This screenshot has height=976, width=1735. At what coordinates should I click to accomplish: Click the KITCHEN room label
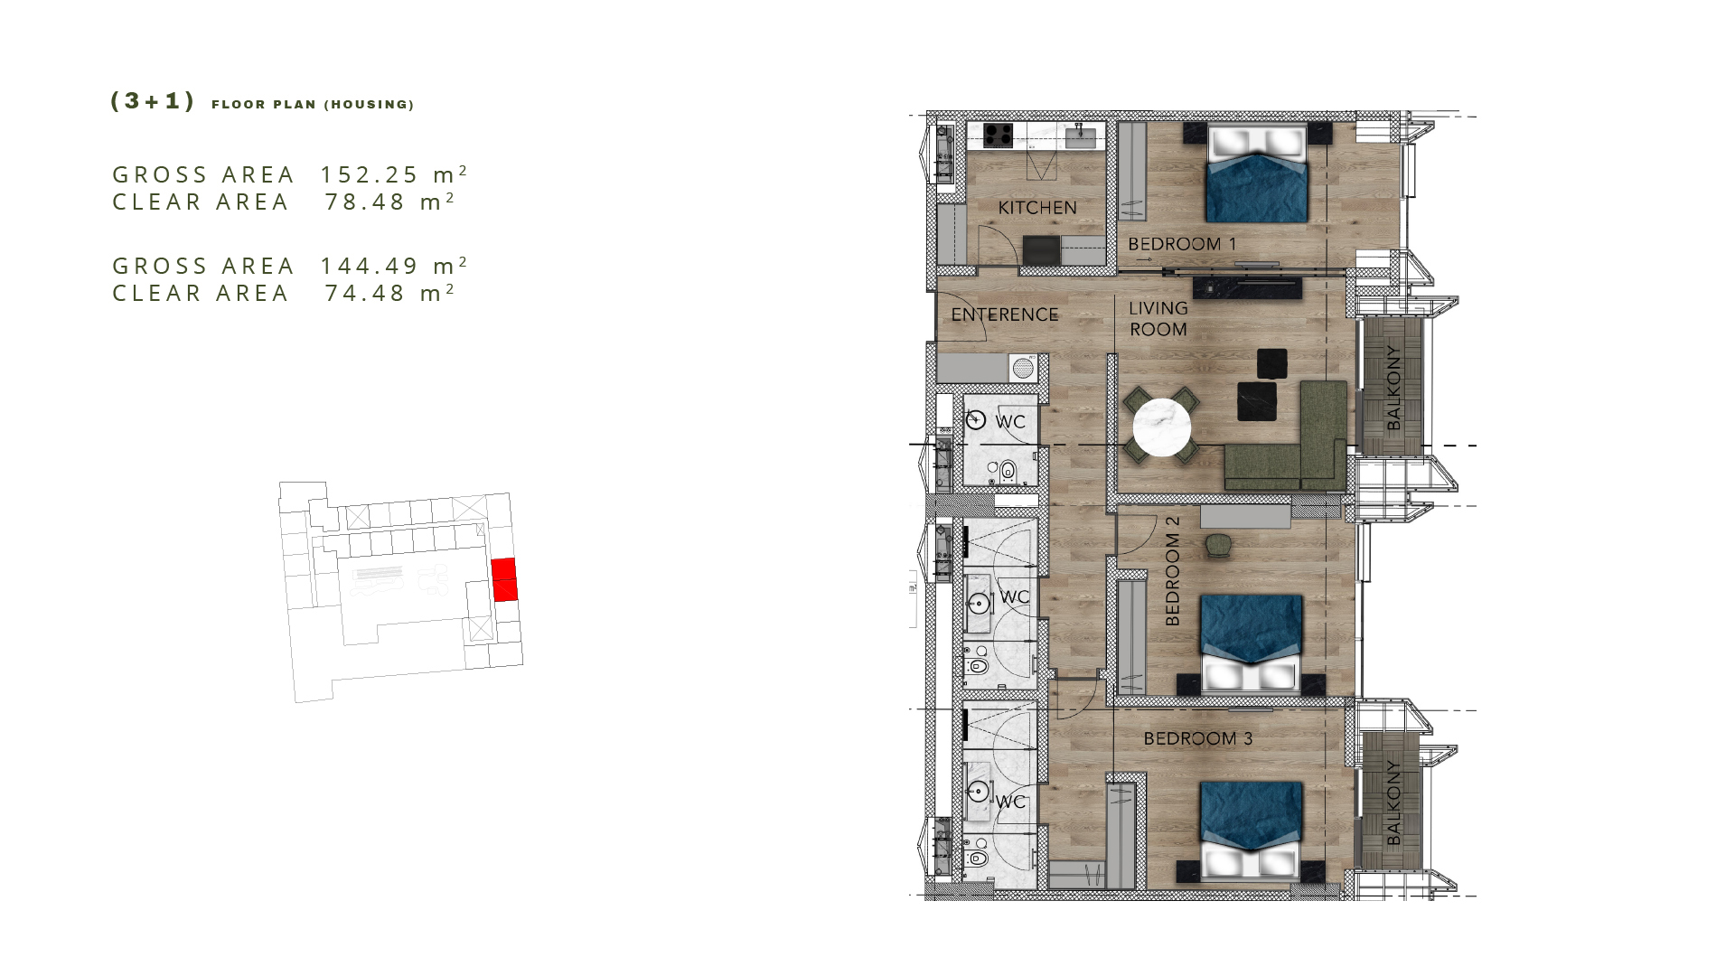(x=1037, y=208)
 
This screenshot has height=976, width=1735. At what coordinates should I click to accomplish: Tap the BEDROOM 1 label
(x=1182, y=244)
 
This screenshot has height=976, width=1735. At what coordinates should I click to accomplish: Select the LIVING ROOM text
(x=1158, y=319)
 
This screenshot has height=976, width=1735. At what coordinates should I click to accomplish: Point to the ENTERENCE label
(x=1005, y=314)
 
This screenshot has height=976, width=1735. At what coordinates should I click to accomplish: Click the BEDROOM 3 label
(x=1198, y=738)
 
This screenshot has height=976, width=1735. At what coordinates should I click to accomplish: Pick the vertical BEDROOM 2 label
(x=1173, y=571)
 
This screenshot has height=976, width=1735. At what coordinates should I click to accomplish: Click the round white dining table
(x=1162, y=427)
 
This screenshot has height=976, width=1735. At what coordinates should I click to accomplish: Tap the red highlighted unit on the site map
(x=504, y=579)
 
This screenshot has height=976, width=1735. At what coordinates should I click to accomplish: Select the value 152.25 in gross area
(x=370, y=174)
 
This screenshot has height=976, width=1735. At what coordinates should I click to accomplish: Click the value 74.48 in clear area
(x=365, y=294)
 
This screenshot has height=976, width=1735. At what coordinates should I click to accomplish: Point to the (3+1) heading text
(x=152, y=101)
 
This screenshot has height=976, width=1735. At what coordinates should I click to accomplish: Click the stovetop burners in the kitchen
(x=999, y=136)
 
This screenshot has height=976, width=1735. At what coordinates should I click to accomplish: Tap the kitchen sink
(x=1082, y=137)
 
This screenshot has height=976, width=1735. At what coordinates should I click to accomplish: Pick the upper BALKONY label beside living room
(x=1393, y=388)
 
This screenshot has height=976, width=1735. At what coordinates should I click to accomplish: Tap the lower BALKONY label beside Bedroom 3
(x=1393, y=802)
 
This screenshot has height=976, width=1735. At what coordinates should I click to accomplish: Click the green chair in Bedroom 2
(x=1217, y=544)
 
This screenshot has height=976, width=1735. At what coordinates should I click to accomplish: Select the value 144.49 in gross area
(x=370, y=267)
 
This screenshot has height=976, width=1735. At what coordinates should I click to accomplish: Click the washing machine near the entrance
(x=1023, y=368)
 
